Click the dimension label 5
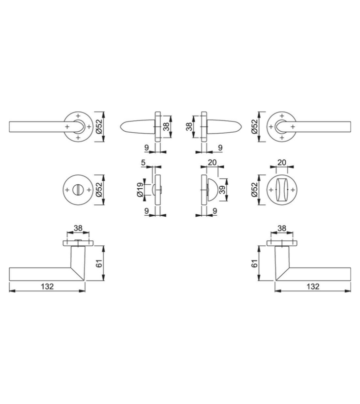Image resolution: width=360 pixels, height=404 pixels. [143, 163]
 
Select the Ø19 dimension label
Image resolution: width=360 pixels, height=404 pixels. [140, 190]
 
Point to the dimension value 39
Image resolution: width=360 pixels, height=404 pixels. [222, 190]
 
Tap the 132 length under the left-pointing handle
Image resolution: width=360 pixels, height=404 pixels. [47, 286]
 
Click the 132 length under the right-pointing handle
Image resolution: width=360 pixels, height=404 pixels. [313, 286]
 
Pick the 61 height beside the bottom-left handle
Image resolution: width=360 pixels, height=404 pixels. [99, 263]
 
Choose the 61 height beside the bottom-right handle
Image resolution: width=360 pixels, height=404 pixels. [255, 263]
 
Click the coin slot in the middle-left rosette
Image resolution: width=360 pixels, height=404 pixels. [78, 190]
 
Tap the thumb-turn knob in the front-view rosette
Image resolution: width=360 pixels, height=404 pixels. [282, 190]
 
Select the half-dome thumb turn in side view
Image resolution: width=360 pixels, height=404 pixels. [211, 190]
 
